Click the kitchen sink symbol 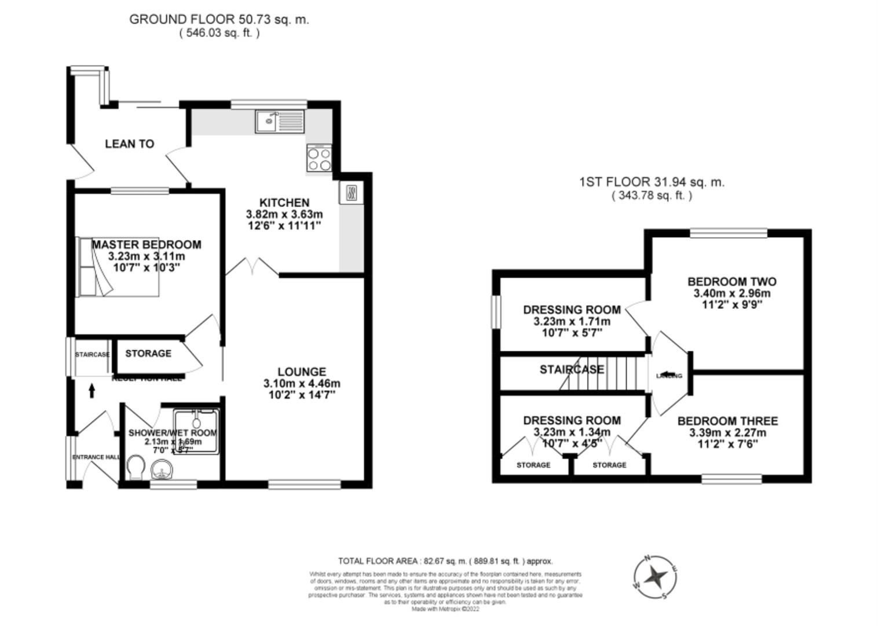[x=280, y=121]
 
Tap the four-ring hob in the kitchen [x=319, y=159]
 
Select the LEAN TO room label [x=129, y=144]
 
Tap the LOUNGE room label [x=301, y=372]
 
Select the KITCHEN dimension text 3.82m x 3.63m [x=284, y=214]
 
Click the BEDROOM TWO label [x=731, y=282]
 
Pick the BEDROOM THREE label [x=727, y=421]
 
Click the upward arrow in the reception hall [x=92, y=391]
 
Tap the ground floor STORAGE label [x=148, y=354]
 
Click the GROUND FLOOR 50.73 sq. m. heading [x=219, y=19]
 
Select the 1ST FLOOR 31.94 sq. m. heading [x=652, y=182]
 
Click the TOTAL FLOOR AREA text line [x=445, y=561]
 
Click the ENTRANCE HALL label [x=96, y=457]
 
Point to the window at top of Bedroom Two [x=728, y=233]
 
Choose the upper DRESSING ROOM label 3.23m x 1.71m [x=572, y=310]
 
